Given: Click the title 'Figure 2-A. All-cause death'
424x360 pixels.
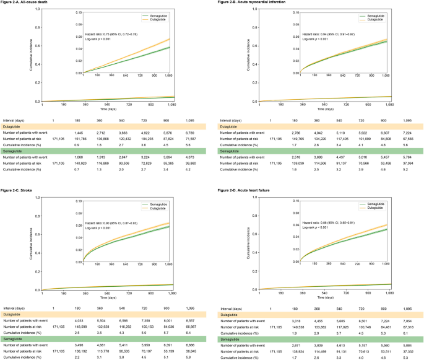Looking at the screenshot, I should point(25,4).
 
